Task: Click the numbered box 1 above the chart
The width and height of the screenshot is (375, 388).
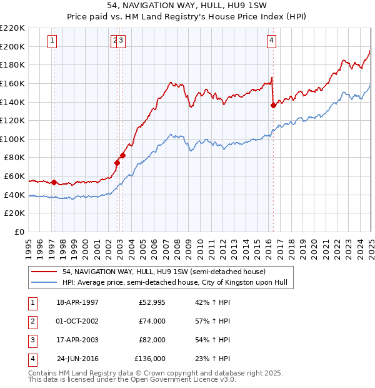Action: [52, 41]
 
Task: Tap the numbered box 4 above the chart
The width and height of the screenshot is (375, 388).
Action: [272, 41]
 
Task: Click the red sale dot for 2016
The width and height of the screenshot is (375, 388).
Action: [273, 105]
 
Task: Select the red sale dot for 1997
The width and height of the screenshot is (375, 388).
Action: [54, 183]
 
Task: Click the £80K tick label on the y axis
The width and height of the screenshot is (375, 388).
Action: [15, 158]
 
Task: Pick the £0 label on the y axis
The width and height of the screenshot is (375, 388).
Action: [19, 232]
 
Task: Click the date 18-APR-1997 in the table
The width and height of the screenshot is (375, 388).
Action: [77, 302]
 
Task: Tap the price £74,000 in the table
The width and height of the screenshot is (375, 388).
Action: [152, 321]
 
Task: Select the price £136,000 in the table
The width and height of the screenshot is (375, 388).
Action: [150, 359]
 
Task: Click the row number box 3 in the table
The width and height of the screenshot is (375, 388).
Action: [31, 340]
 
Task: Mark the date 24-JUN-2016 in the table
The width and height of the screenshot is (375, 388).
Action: [79, 359]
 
